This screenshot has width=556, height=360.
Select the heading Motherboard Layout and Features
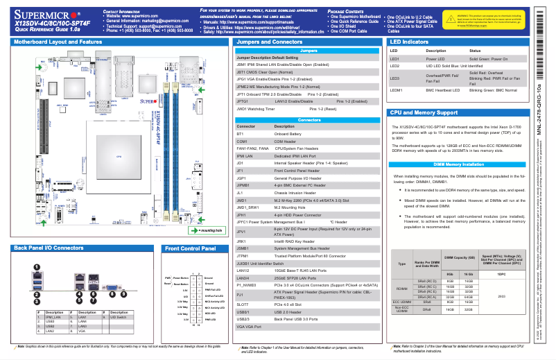pos(58,42)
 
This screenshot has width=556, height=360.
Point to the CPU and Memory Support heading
pos(424,112)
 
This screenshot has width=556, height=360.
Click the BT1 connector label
pos(241,133)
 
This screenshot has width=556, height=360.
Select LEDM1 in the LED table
pos(397,90)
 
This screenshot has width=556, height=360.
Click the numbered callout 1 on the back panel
pos(36,267)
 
